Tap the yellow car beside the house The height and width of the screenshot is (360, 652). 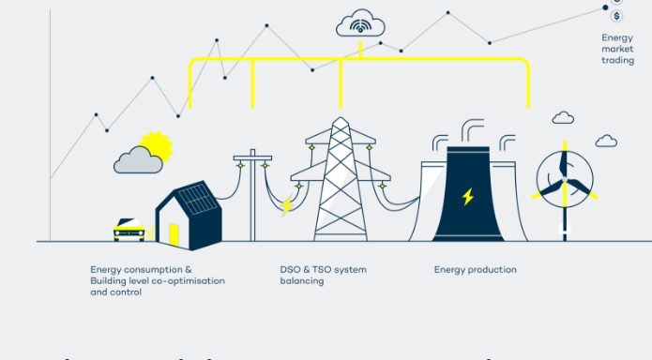[129, 229]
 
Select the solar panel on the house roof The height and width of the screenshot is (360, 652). [198, 199]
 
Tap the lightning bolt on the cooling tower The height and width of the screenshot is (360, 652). [467, 196]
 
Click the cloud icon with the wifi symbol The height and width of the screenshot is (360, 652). [360, 22]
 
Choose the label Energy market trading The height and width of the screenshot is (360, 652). [617, 49]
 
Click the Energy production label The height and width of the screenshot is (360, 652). [475, 270]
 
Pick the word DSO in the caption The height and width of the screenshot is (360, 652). [291, 270]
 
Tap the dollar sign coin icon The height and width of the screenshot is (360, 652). [616, 16]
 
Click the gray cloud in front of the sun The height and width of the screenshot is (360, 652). [137, 163]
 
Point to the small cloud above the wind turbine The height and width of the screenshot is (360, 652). [563, 118]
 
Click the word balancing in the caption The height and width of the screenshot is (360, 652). [302, 281]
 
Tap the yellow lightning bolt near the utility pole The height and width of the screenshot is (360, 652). [286, 206]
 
